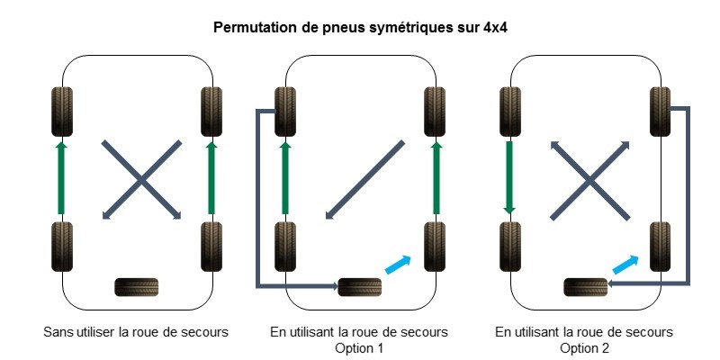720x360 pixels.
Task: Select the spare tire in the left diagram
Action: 137,287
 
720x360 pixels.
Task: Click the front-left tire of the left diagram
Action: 61,112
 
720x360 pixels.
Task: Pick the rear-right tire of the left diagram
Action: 211,245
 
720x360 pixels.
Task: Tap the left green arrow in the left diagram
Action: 61,176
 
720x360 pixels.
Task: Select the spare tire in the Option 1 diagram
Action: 359,287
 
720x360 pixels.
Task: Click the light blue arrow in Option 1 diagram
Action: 397,263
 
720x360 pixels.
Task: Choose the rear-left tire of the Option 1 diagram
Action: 285,245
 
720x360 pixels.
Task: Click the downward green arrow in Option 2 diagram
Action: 509,176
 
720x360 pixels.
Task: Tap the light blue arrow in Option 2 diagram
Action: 625,263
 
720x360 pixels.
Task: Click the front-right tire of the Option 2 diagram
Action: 661,112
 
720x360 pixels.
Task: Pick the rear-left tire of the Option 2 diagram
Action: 509,245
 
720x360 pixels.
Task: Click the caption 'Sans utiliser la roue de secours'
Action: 136,332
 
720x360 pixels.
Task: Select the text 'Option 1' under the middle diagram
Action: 359,347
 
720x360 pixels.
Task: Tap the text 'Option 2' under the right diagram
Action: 584,347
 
